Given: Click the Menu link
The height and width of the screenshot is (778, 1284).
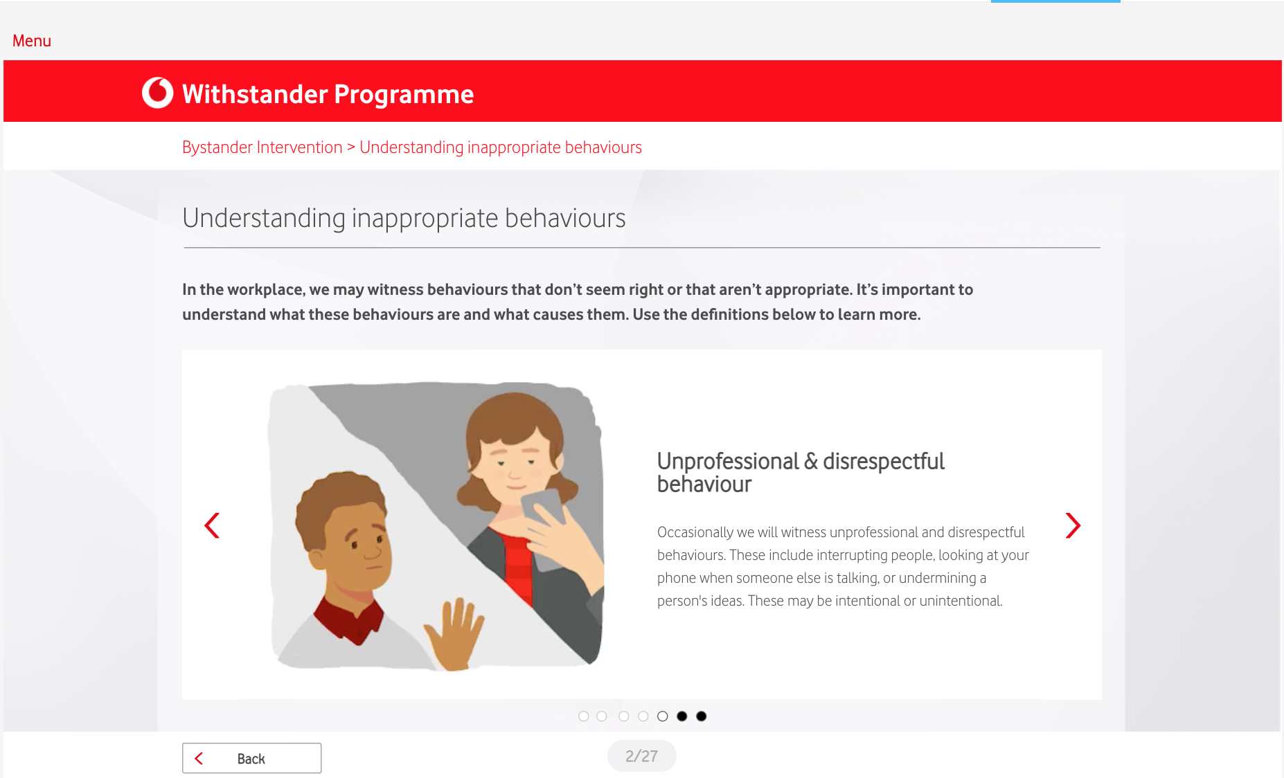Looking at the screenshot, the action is [32, 41].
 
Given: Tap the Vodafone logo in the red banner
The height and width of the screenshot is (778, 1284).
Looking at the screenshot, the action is [157, 93].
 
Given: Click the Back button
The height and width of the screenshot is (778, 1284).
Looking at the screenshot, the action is [251, 758].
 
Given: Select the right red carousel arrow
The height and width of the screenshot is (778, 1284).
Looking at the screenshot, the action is [1073, 525].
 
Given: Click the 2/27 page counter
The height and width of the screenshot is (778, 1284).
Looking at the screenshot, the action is [641, 756].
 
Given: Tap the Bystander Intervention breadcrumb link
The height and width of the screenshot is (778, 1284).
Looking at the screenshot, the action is [262, 147].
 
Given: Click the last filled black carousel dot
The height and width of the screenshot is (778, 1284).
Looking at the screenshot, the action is [702, 716].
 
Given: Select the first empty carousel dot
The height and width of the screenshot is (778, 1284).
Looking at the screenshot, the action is [584, 716].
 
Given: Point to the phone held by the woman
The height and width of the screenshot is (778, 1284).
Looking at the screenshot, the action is [543, 526].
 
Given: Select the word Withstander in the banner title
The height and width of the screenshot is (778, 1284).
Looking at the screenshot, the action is [255, 94].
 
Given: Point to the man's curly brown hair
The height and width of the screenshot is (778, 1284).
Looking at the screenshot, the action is [339, 502].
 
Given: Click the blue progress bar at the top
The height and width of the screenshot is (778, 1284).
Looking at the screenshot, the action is [1055, 1].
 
